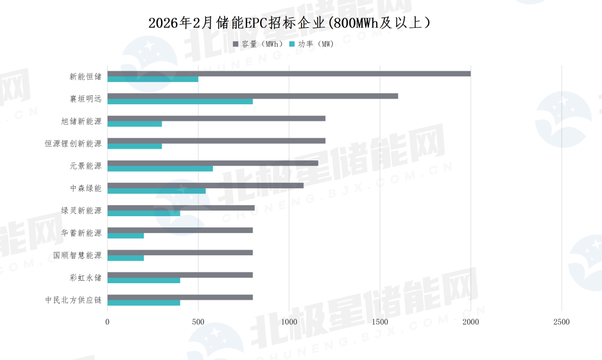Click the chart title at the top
[x=289, y=23]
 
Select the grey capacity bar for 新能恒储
[x=289, y=74]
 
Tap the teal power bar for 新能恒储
[x=153, y=79]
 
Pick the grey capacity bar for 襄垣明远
[x=253, y=96]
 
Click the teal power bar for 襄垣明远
[x=180, y=101]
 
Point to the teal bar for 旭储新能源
[x=134, y=124]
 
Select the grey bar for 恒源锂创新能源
[x=216, y=140]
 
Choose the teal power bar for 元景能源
[x=160, y=168]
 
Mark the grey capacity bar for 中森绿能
[x=205, y=185]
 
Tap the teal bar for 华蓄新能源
[x=125, y=235]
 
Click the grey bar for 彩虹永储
[x=180, y=275]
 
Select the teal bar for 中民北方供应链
[x=144, y=303]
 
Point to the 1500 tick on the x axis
[x=380, y=322]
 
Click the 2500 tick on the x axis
[x=561, y=322]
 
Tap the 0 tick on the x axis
[x=108, y=322]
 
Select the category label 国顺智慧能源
[x=77, y=255]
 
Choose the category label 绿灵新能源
[x=81, y=211]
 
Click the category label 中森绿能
[x=86, y=188]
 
